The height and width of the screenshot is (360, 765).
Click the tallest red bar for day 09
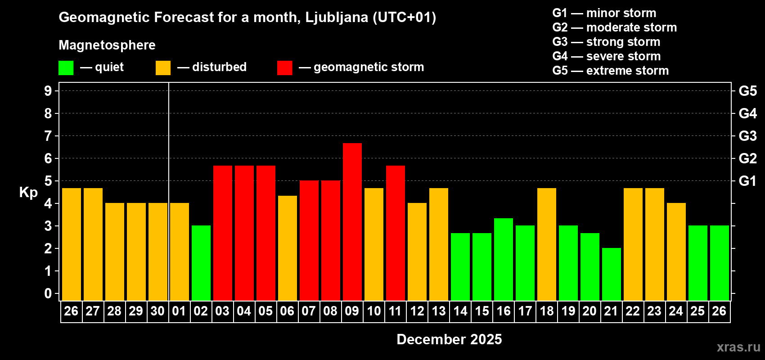pos(352,221)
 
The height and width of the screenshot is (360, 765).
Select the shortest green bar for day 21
pos(612,274)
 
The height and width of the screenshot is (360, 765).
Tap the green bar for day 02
pos(201,263)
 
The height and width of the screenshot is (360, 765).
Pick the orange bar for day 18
pos(547,244)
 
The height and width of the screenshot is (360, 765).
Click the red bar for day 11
pos(396,233)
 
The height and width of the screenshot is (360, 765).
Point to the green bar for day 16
pos(504,259)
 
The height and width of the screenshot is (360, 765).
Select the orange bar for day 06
pos(288,248)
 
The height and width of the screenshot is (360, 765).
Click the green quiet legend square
pos(66,68)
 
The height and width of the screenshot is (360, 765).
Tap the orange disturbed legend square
pos(163,68)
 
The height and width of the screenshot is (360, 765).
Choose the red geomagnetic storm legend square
pos(284,68)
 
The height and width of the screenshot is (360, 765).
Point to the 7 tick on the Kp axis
pos(48,136)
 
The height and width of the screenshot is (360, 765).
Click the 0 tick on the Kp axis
pos(48,294)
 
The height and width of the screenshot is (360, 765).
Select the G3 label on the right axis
pos(747,136)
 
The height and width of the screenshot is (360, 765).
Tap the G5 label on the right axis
pos(747,91)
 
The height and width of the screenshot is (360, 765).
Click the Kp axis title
pos(28,193)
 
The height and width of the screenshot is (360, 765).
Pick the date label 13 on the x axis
pos(439,311)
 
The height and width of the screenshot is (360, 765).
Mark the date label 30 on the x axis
pos(157,311)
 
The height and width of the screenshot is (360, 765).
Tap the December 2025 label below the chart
pos(449,339)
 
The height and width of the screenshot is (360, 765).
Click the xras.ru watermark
pos(738,347)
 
